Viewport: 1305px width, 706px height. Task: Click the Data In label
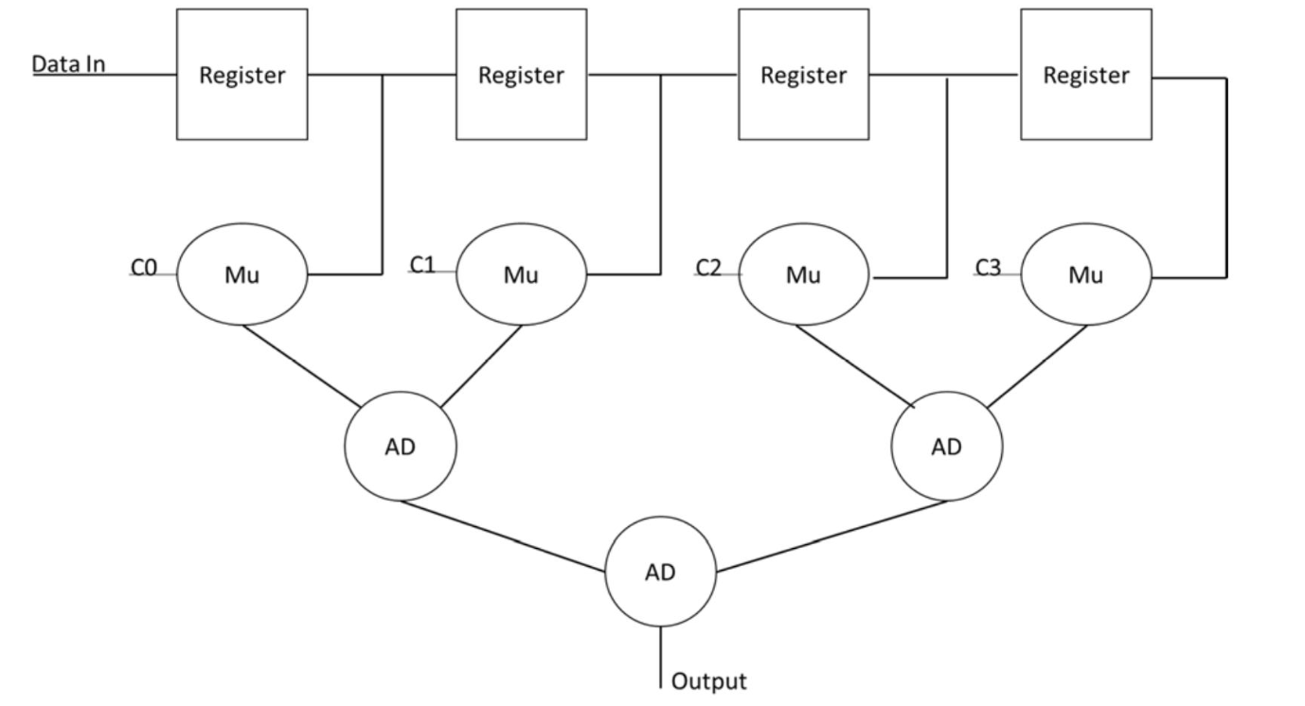[68, 64]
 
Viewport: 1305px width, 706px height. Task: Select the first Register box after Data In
[241, 75]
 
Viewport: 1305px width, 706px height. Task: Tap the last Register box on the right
[1085, 75]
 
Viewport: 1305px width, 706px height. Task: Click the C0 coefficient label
[143, 269]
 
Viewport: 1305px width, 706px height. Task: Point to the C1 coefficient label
[422, 265]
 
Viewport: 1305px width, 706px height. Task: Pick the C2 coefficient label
[707, 268]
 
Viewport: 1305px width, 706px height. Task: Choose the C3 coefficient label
[988, 268]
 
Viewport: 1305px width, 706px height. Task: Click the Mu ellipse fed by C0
[242, 275]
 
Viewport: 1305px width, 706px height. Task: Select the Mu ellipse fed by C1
[521, 275]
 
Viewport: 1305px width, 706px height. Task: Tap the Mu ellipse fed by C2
[803, 275]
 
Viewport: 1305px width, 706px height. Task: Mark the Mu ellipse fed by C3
[1085, 275]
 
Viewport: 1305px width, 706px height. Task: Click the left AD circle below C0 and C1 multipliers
[400, 447]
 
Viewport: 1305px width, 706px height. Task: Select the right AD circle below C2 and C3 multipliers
[947, 447]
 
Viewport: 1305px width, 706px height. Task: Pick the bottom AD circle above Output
[660, 572]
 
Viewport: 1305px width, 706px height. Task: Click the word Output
[708, 680]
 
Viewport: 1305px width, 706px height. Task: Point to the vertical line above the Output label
[660, 658]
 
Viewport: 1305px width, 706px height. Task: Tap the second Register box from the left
[521, 75]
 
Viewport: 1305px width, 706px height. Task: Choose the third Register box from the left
[803, 75]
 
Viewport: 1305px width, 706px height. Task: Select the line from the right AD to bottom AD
[831, 537]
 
